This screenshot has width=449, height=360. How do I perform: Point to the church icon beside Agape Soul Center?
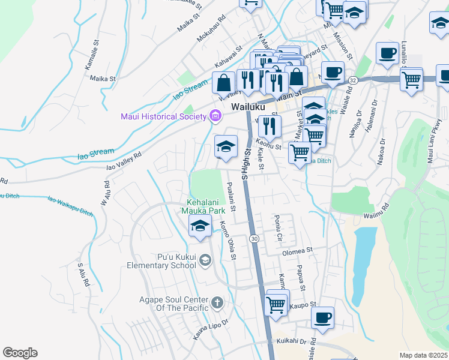tap(217, 302)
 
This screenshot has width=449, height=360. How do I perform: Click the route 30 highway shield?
tap(255, 239)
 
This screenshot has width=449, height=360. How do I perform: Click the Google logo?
tap(20, 353)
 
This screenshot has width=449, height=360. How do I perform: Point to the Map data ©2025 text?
tap(423, 355)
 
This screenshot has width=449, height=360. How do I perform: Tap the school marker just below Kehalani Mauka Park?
tap(200, 226)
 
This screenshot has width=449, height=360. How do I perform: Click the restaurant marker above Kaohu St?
tap(270, 127)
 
